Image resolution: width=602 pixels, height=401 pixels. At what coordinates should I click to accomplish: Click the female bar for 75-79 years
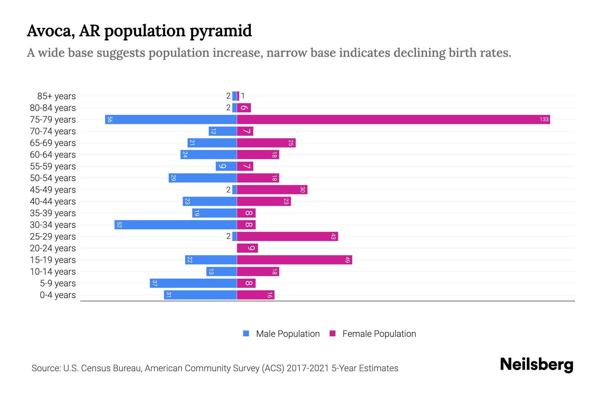[x=393, y=119]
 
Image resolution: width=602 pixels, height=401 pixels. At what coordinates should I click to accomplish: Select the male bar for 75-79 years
[x=171, y=119]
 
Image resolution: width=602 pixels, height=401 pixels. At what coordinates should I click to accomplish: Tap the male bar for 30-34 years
[x=176, y=225]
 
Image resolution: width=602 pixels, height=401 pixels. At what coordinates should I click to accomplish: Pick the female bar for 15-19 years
[x=294, y=260]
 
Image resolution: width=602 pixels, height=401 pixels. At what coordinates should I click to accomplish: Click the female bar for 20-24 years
[x=247, y=248]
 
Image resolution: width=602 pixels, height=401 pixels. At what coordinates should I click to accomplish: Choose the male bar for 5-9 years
[x=193, y=283]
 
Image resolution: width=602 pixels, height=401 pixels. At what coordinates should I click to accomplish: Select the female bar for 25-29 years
[x=287, y=236]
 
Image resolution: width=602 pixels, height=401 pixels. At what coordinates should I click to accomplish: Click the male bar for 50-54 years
[x=203, y=178]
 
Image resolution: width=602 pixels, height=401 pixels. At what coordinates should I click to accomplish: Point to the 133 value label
[x=544, y=119]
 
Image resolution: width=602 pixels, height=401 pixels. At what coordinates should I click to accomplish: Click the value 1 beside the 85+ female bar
[x=243, y=96]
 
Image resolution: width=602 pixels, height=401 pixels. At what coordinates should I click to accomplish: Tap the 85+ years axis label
[x=56, y=96]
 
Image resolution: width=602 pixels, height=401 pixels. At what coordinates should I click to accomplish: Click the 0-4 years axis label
[x=58, y=295]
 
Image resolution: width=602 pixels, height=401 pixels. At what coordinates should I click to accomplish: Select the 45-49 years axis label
[x=53, y=190]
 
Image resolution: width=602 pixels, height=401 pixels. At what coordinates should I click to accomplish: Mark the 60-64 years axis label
[x=53, y=155]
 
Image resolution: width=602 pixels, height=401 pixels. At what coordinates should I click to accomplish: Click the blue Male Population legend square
[x=246, y=333]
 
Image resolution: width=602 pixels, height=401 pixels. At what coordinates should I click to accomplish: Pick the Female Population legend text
[x=379, y=334]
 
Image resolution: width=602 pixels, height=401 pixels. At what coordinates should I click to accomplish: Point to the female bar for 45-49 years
[x=272, y=189]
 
